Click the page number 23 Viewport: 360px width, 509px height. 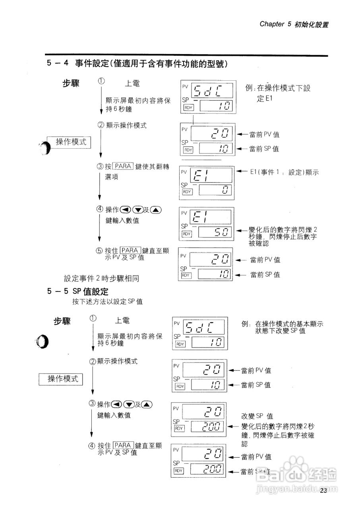pyautogui.click(x=323, y=490)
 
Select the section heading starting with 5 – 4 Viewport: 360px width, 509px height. pyautogui.click(x=139, y=64)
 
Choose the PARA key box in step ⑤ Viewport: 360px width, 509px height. pyautogui.click(x=130, y=250)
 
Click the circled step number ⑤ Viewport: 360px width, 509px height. pyautogui.click(x=99, y=251)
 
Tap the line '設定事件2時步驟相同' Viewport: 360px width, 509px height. pyautogui.click(x=101, y=279)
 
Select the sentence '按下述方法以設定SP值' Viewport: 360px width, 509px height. pyautogui.click(x=107, y=301)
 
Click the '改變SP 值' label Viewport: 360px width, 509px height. pyautogui.click(x=257, y=416)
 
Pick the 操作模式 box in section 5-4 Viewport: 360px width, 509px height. pyautogui.click(x=71, y=142)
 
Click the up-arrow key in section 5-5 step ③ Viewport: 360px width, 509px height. pyautogui.click(x=146, y=404)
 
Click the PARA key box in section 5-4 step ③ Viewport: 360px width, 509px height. pyautogui.click(x=122, y=166)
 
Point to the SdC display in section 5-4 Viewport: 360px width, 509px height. pyautogui.click(x=212, y=91)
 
